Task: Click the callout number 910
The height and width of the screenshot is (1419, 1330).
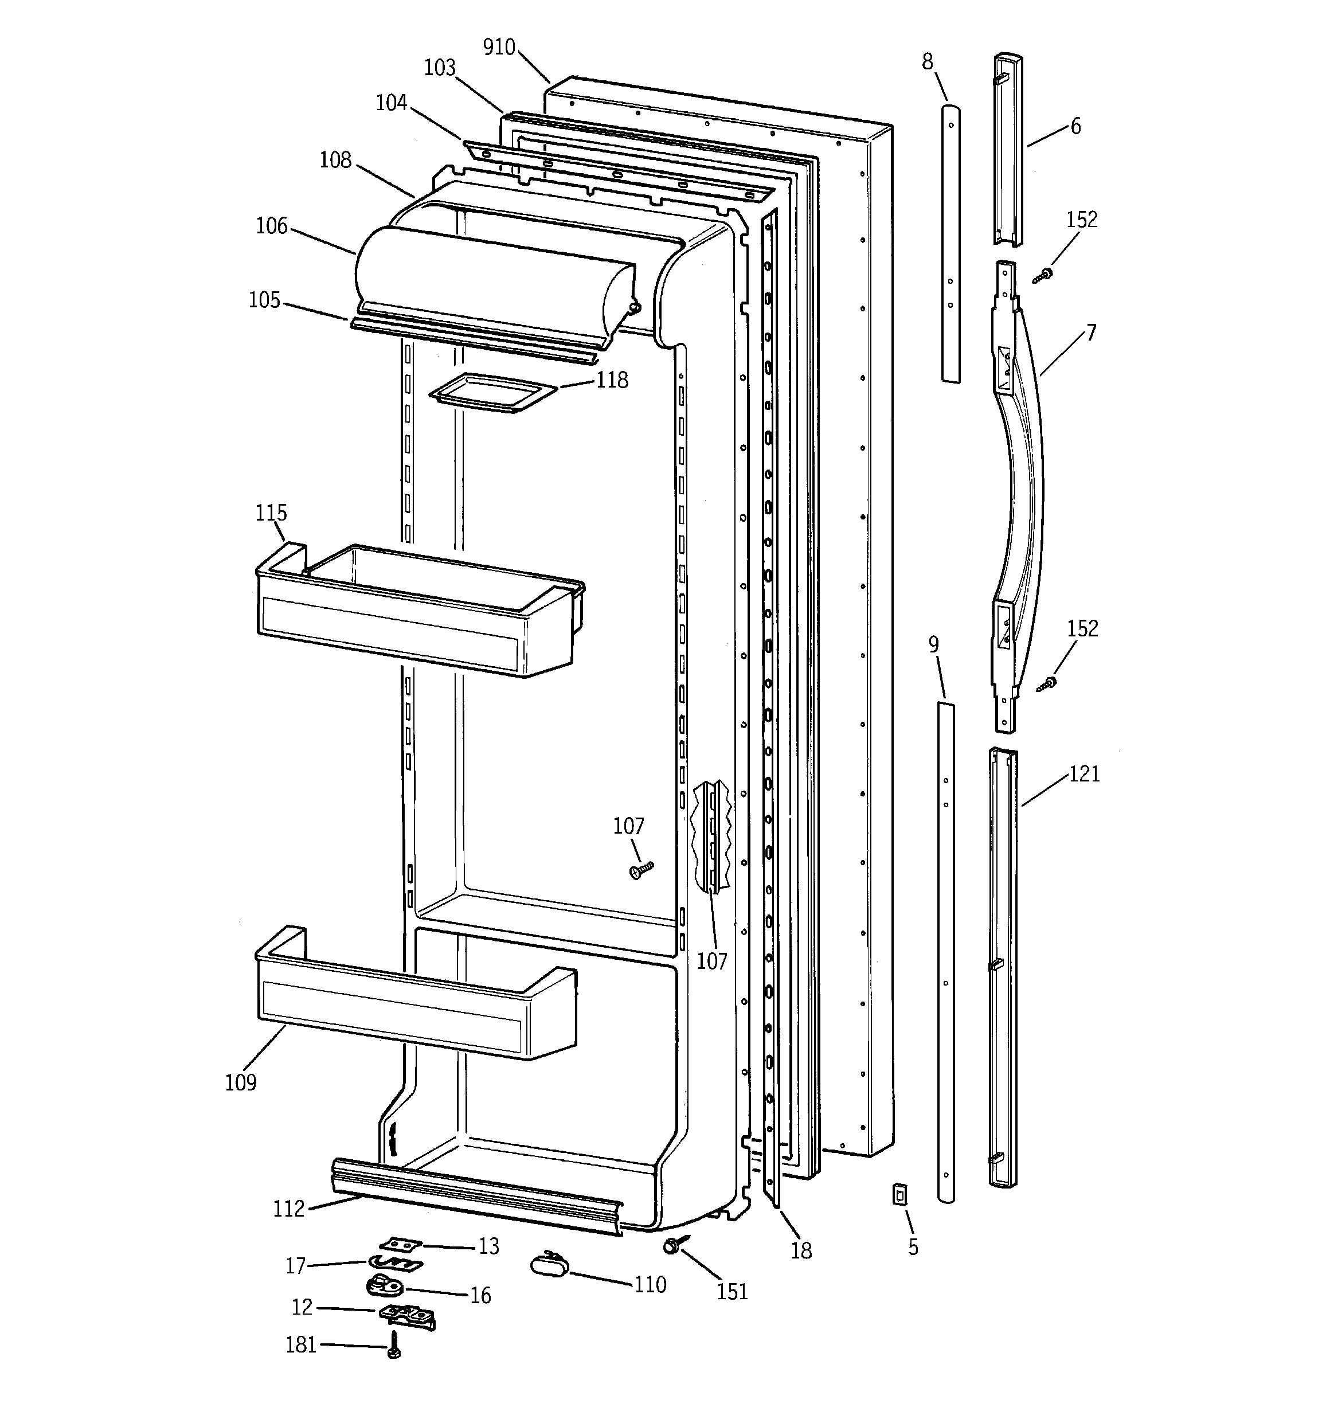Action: point(499,47)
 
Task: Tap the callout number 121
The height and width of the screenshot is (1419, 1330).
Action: point(1083,774)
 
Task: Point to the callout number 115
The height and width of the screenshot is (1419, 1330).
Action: point(271,513)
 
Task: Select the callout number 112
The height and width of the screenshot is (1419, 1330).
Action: point(288,1209)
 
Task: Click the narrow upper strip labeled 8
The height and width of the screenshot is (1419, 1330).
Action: point(949,243)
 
